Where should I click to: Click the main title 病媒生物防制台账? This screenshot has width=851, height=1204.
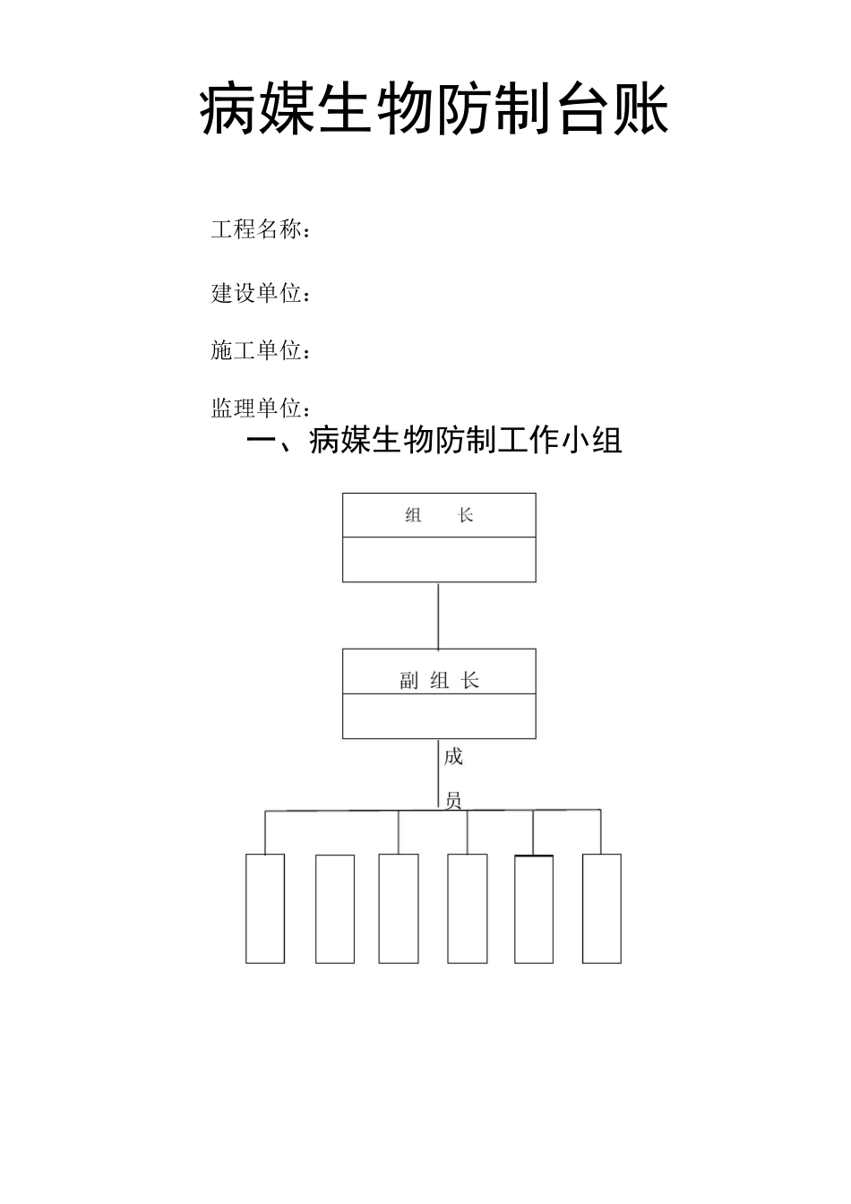(x=434, y=110)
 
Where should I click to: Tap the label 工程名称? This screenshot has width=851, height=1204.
(x=258, y=229)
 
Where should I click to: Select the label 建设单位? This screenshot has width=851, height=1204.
(x=258, y=293)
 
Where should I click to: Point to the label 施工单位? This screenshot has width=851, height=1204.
(x=258, y=350)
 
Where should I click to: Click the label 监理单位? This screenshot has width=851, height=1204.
(x=258, y=408)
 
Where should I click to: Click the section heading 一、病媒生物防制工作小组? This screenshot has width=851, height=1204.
(x=434, y=440)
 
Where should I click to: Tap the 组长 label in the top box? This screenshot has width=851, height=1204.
(x=439, y=515)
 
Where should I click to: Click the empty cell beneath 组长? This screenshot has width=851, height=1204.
(x=439, y=560)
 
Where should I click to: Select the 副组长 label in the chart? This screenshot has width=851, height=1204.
(x=439, y=681)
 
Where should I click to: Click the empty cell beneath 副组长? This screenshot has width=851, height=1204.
(x=439, y=717)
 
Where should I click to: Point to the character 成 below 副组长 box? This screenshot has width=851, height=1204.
(x=453, y=757)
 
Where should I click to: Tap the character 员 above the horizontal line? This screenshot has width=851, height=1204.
(x=453, y=800)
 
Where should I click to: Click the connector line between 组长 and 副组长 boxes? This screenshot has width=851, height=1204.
(x=438, y=615)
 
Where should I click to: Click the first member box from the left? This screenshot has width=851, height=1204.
(x=265, y=908)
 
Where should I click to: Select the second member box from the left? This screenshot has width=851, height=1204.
(x=335, y=908)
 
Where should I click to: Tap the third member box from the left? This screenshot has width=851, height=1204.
(x=399, y=908)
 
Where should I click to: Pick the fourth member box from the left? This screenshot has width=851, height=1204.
(x=468, y=908)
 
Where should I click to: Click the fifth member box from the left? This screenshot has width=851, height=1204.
(x=534, y=908)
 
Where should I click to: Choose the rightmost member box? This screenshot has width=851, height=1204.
(x=602, y=908)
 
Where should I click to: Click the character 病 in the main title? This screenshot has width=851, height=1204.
(x=228, y=110)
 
